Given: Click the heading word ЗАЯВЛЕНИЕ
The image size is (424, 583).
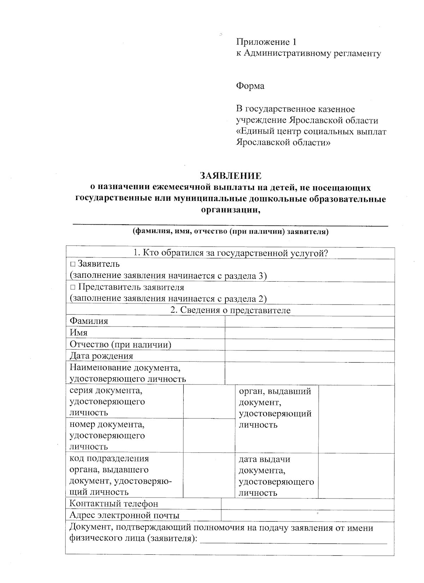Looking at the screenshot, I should (x=231, y=176).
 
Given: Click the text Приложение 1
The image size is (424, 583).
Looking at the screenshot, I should (x=266, y=42).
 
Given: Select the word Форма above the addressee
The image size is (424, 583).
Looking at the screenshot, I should (x=250, y=86).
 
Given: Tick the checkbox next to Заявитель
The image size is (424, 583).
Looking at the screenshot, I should (x=72, y=264).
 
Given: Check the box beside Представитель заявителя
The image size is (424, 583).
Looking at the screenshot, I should (x=72, y=287).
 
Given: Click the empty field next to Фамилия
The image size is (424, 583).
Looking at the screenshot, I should (x=309, y=322).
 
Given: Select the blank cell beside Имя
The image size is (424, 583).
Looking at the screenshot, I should (x=309, y=333).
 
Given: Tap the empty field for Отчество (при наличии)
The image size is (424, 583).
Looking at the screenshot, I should (x=309, y=345).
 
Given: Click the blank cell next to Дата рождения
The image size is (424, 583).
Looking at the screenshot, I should (x=309, y=356).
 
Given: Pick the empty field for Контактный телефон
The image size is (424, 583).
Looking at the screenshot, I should (x=307, y=504).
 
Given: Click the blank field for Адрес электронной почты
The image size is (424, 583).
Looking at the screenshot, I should (x=307, y=516).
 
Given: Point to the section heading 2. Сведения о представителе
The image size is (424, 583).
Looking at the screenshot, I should (x=230, y=310).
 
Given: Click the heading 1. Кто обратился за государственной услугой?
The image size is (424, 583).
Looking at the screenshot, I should (x=230, y=253).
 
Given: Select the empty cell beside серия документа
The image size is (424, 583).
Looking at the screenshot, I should (x=209, y=401).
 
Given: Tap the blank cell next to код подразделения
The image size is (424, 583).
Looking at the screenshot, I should (x=209, y=475).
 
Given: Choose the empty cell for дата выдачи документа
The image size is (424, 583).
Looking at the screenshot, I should (x=356, y=476).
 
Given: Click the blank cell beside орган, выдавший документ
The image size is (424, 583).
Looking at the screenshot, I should (x=356, y=419).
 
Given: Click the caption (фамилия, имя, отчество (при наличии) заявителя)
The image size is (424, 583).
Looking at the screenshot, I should (x=230, y=232).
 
